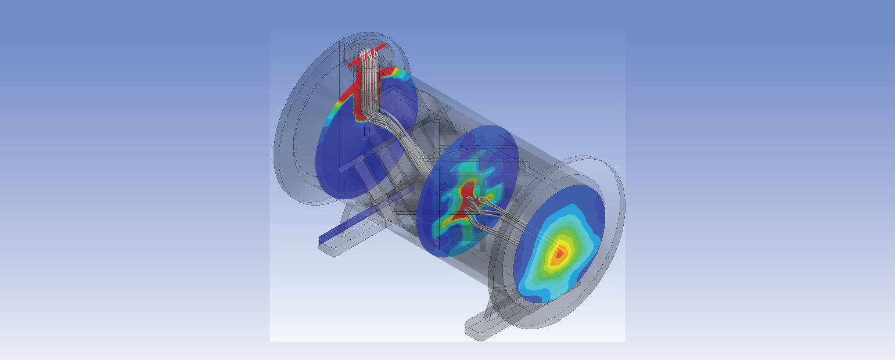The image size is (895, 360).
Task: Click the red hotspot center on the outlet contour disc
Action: point(559,253)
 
